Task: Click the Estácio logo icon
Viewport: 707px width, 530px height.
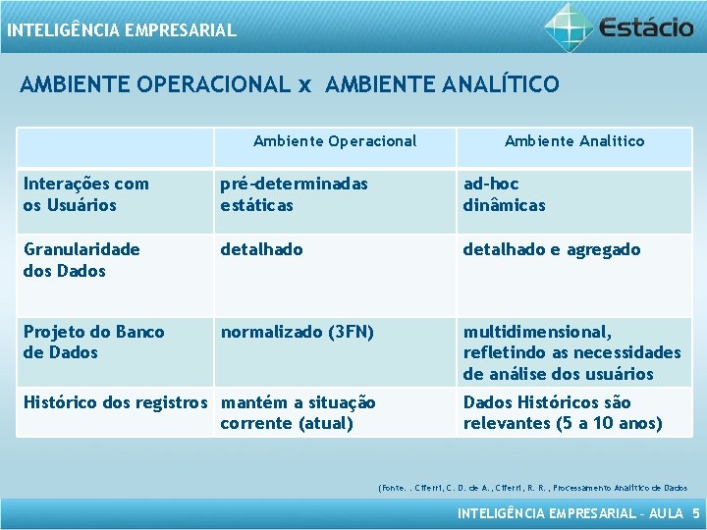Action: point(569,26)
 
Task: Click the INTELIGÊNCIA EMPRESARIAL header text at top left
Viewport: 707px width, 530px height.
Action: point(121,30)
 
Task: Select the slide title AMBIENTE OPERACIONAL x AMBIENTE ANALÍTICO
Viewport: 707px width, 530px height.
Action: point(290,84)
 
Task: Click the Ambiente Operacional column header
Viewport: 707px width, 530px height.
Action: point(335,140)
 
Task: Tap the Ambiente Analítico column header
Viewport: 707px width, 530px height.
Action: point(574,140)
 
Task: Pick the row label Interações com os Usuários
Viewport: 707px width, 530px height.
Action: point(86,194)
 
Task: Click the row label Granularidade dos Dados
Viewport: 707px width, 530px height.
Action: point(82,260)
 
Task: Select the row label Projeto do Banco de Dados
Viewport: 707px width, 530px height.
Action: point(94,342)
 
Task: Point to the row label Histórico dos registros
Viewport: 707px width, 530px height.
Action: point(116,402)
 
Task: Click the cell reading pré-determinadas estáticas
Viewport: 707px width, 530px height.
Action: point(294,194)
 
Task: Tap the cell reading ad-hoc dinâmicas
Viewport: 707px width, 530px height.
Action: point(504,194)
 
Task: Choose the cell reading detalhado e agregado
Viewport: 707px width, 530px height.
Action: point(552,249)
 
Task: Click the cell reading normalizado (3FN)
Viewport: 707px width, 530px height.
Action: point(297,332)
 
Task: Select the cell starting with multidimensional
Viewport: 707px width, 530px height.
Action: point(571,352)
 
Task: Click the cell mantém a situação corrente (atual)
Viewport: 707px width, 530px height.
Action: point(298,412)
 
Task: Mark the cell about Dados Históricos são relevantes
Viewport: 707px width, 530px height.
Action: point(563,412)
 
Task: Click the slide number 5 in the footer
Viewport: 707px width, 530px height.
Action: point(695,513)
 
